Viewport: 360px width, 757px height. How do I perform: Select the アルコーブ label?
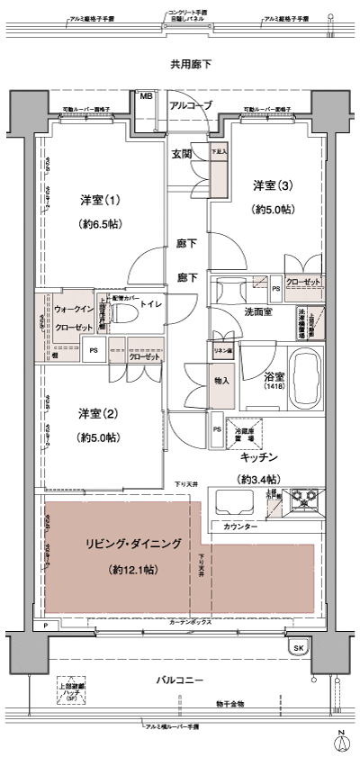(191, 105)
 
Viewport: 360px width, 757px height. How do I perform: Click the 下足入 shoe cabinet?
(219, 166)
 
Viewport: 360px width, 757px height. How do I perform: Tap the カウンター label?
(238, 526)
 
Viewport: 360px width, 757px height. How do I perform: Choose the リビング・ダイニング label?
(134, 545)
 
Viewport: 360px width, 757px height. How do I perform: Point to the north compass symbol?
(342, 740)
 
